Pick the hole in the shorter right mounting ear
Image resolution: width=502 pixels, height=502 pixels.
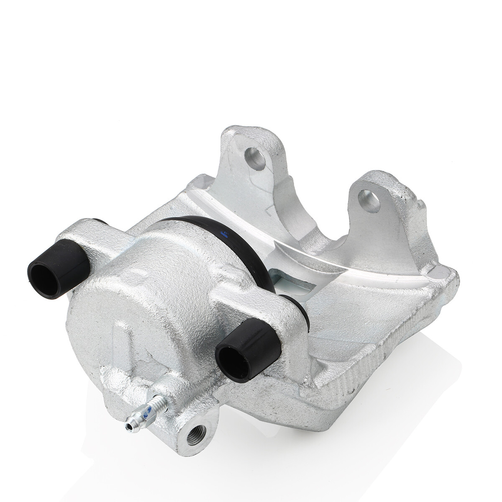tap(370, 201)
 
